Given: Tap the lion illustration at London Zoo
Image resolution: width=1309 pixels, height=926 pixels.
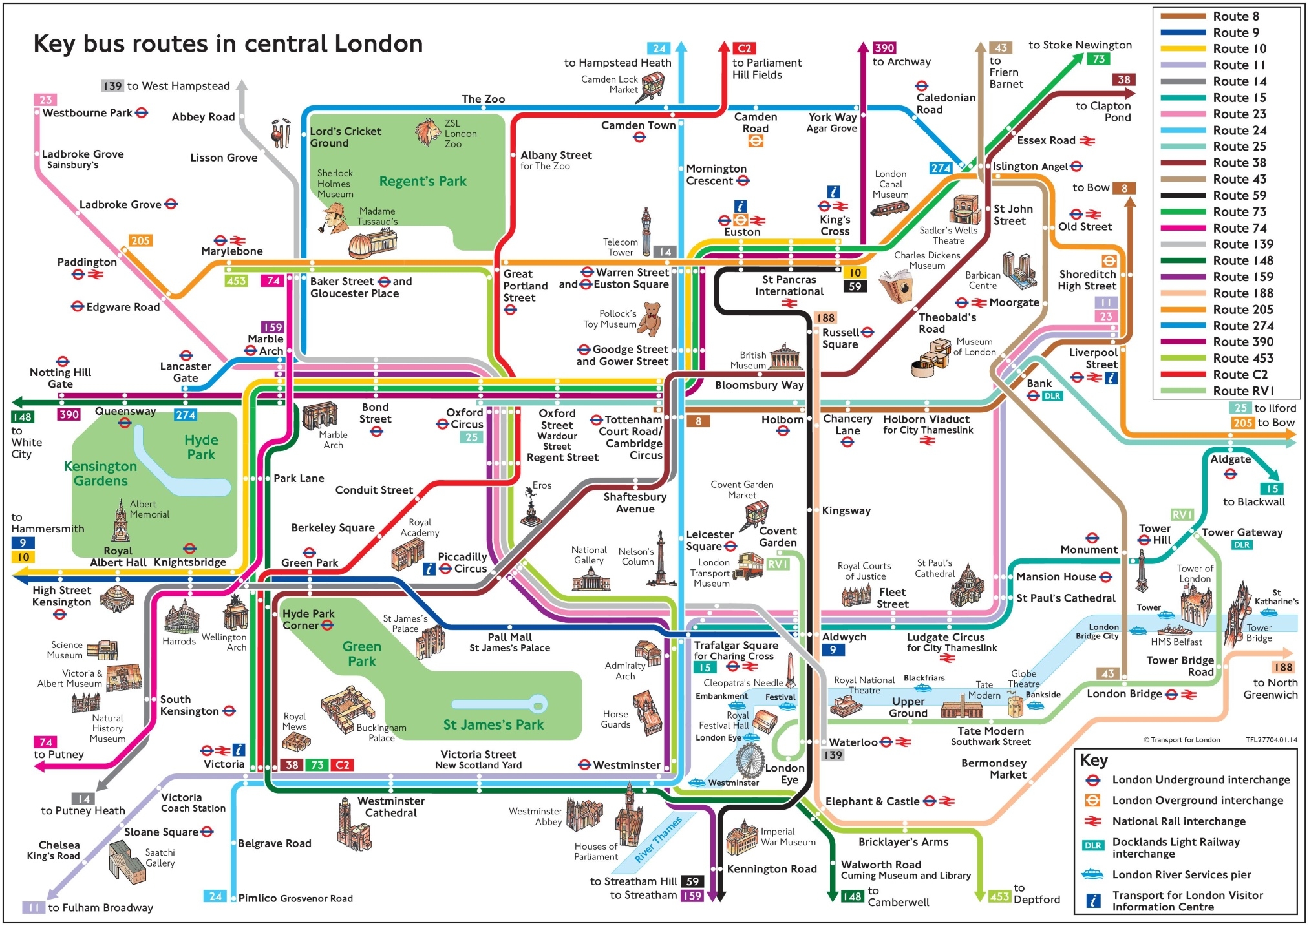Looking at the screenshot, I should point(427,132).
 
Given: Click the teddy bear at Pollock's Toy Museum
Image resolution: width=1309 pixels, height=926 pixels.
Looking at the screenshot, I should point(650,318).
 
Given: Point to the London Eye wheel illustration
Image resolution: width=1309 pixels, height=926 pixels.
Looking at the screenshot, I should point(749,761).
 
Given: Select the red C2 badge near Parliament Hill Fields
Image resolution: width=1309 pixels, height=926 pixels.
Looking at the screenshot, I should point(744,48).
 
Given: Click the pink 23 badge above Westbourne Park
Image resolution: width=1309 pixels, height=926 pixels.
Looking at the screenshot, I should point(45,100).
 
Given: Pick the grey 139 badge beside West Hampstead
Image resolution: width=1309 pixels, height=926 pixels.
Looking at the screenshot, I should point(112,86).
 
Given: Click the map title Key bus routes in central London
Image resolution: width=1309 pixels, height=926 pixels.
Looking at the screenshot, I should point(228,44).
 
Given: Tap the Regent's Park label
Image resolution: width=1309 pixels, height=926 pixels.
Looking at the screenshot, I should point(422,182).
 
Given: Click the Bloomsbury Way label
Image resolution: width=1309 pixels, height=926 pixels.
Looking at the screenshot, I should point(759,385).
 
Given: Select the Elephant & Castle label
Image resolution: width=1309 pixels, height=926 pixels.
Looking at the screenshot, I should point(872,801).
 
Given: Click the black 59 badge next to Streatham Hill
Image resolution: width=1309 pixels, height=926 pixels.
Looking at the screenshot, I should point(692,881).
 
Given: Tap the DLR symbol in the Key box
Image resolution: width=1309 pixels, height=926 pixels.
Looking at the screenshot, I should point(1092,845).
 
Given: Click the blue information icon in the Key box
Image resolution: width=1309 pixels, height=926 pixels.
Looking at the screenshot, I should point(1092,900).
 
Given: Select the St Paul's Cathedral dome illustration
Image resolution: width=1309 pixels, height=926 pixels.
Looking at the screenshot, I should point(967,584).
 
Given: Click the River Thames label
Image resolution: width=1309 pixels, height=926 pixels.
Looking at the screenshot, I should point(657,839).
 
